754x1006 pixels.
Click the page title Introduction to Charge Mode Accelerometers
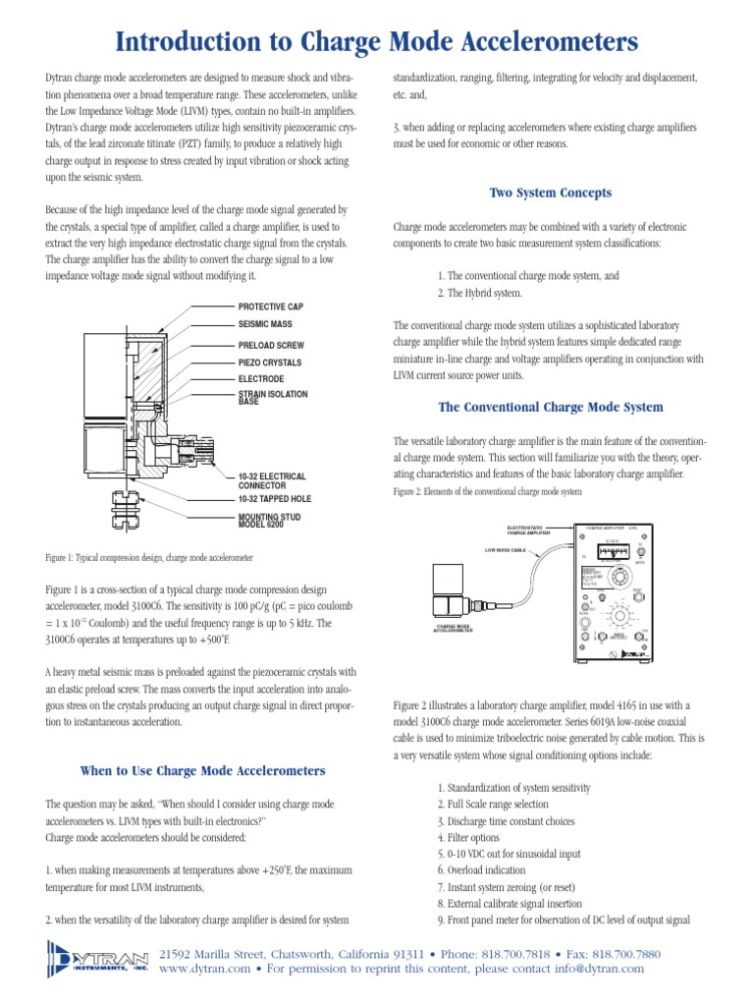pyautogui.click(x=377, y=41)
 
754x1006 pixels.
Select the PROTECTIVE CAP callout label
pyautogui.click(x=275, y=307)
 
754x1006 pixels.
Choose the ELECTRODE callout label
pyautogui.click(x=261, y=378)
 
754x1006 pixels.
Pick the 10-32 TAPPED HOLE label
pyautogui.click(x=275, y=499)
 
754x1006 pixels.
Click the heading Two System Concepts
pyautogui.click(x=550, y=193)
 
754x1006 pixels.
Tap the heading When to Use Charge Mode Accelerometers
pyautogui.click(x=202, y=770)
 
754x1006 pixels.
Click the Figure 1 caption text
pyautogui.click(x=149, y=557)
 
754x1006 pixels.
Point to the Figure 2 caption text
pyautogui.click(x=488, y=491)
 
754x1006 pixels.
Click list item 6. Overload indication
pyautogui.click(x=481, y=870)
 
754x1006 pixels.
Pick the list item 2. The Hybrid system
pyautogui.click(x=480, y=294)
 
